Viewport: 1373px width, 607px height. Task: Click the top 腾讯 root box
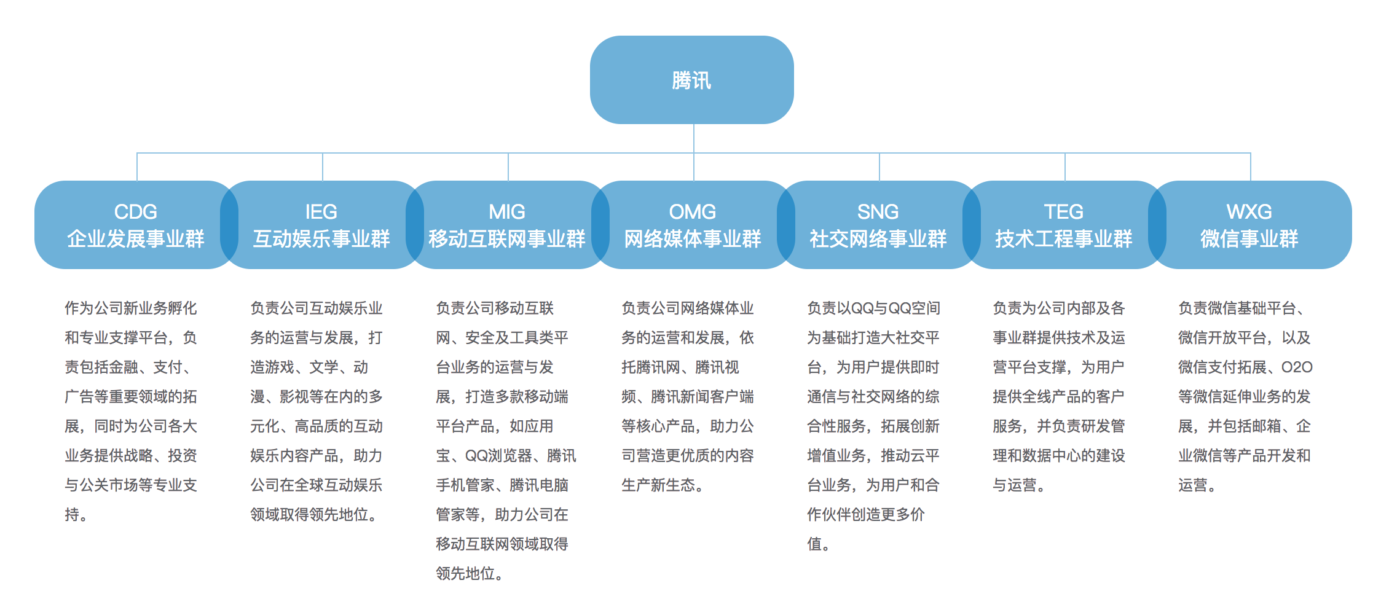691,80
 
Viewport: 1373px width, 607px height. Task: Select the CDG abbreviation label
136,212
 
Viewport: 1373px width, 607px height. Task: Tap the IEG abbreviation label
321,212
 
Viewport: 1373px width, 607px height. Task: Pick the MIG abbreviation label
507,212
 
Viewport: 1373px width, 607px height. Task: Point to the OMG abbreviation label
693,212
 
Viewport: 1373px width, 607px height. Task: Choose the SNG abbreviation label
878,212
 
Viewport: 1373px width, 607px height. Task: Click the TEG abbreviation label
1064,212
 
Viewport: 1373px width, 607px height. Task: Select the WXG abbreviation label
1249,212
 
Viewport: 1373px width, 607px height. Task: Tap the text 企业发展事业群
136,239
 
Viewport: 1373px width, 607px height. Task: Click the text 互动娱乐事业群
321,239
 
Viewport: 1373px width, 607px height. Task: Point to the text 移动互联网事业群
507,239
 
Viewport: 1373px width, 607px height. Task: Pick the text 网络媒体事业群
693,239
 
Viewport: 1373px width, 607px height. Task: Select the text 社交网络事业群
878,239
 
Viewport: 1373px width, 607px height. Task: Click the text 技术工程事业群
1064,239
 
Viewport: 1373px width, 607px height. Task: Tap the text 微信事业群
1249,239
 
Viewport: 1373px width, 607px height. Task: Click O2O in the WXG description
1297,367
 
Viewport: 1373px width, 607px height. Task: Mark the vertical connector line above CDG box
137,166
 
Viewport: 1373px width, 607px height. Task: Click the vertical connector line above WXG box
1251,166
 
